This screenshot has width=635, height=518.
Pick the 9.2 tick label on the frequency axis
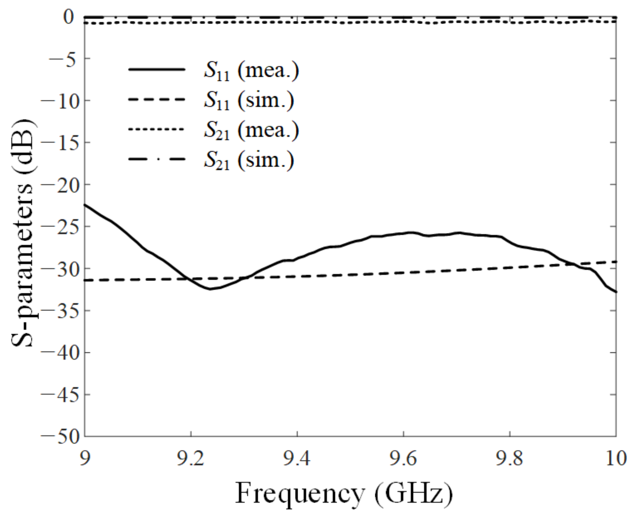[x=191, y=459]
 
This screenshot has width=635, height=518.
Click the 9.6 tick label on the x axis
[x=403, y=459]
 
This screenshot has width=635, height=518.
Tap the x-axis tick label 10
[x=616, y=459]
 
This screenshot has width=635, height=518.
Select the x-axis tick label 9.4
[x=297, y=459]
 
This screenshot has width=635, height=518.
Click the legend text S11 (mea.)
[x=251, y=71]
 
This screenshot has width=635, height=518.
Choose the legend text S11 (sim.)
[x=249, y=100]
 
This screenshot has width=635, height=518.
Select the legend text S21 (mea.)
[x=251, y=130]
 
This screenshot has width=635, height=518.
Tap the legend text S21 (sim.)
[x=249, y=160]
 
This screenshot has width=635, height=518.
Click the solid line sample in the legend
[x=157, y=69]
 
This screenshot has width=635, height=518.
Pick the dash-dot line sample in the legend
[x=157, y=159]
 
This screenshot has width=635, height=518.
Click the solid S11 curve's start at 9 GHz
[x=85, y=205]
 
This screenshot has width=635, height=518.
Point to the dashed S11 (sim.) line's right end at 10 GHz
[x=615, y=262]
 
